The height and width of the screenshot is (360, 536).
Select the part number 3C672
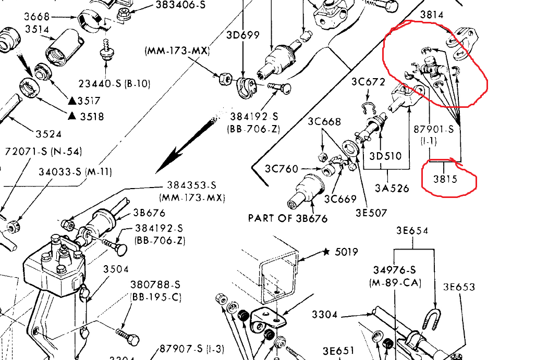point(368,82)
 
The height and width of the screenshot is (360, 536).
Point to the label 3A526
point(392,188)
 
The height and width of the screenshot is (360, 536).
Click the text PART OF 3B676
point(288,218)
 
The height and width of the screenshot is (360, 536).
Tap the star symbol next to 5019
point(326,252)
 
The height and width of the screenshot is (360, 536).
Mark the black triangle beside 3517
point(73,101)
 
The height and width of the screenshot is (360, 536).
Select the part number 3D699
point(243,35)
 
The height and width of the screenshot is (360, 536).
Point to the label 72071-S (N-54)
point(43,152)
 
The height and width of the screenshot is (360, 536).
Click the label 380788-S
point(155,285)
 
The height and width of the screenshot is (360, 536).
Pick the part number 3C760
point(282,169)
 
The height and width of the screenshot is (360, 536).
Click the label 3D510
point(386,156)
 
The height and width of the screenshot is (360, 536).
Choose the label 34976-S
point(394,269)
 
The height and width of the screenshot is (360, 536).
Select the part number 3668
point(36,17)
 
